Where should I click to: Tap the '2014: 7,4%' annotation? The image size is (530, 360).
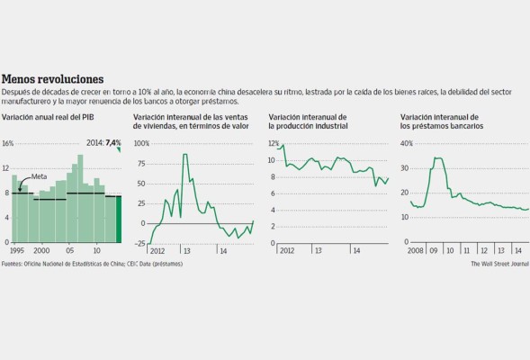pos(103,143)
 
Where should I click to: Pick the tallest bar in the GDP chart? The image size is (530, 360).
pos(80,194)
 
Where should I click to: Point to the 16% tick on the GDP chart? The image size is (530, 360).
pos(8,144)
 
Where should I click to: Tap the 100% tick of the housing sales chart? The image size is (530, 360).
pos(142,144)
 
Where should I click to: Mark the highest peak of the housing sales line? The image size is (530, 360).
pos(184,155)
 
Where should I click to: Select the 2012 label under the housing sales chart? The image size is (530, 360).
pos(157,250)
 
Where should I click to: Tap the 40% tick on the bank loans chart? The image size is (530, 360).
pos(406,144)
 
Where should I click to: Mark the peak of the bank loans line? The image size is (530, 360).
pos(437,158)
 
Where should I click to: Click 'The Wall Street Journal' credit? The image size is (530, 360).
pos(499,264)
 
